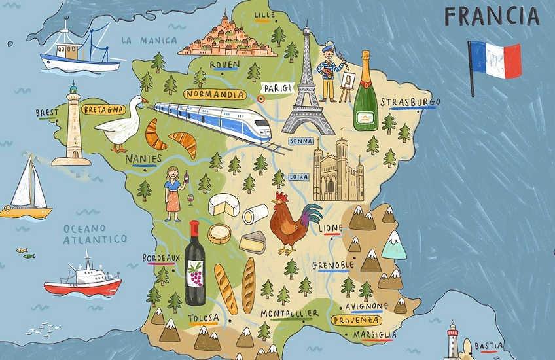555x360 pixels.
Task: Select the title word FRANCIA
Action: point(492,16)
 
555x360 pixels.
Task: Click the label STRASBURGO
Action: point(410,102)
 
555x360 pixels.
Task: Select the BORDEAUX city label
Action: point(161,258)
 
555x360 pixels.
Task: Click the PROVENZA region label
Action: point(357,320)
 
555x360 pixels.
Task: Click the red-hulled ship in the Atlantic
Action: point(83,278)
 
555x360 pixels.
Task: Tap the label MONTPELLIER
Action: point(289,314)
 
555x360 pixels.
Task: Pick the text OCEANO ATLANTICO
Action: point(95,234)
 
